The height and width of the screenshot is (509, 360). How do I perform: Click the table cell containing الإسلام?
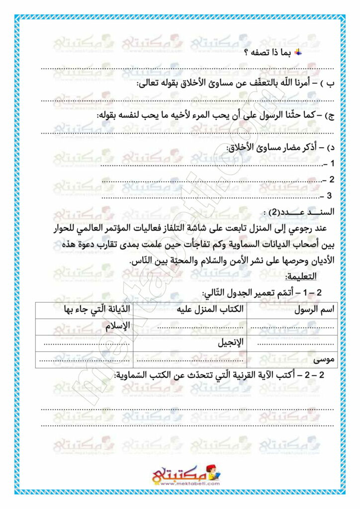click(x=118, y=326)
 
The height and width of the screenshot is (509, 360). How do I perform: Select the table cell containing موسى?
click(x=324, y=359)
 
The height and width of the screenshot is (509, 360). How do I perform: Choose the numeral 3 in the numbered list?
click(x=329, y=196)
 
